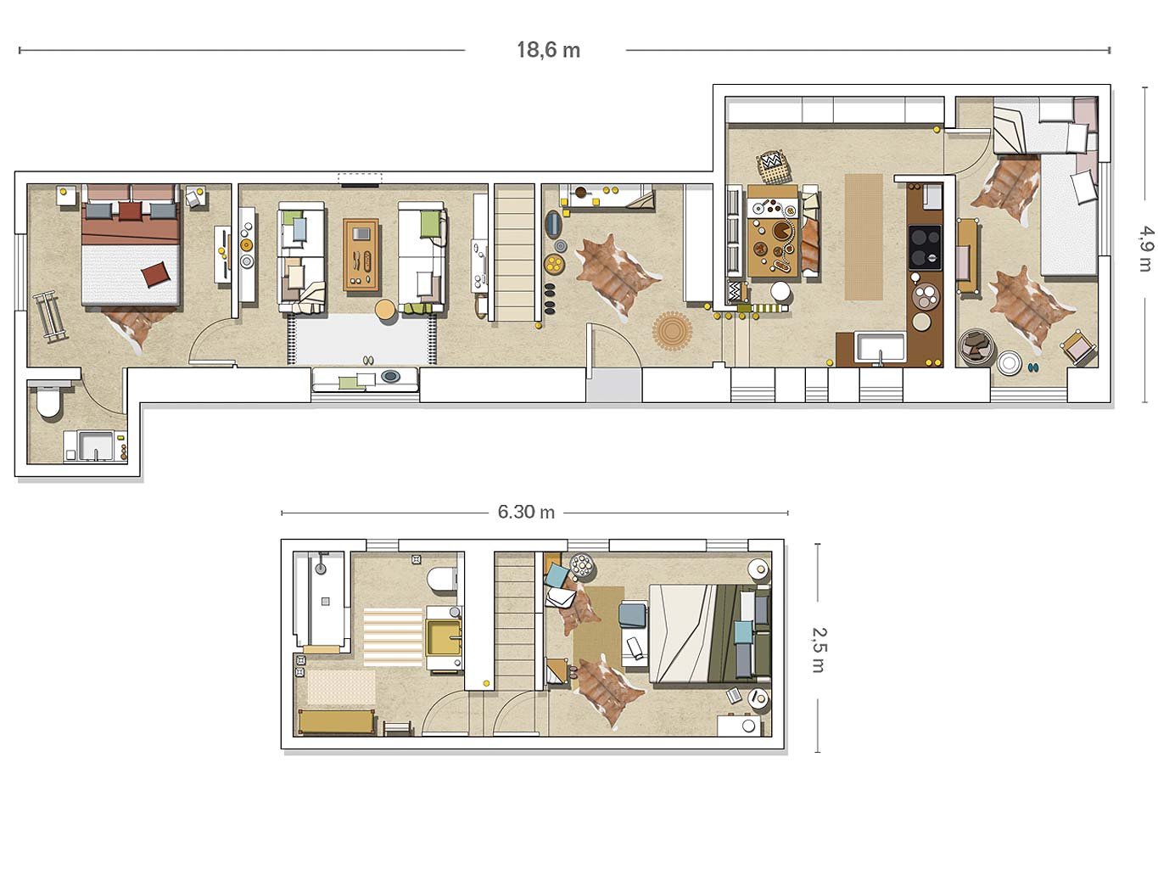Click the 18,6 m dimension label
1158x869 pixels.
(548, 51)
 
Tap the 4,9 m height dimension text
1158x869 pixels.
(1144, 249)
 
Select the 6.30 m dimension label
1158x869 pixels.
(526, 512)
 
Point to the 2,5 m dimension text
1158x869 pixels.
(819, 649)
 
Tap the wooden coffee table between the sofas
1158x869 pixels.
(361, 255)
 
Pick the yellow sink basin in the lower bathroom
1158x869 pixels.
(444, 638)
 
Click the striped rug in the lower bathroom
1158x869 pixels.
(393, 636)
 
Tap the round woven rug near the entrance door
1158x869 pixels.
(672, 331)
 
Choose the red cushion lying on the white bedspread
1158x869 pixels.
(157, 274)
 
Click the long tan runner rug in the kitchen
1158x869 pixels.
(864, 237)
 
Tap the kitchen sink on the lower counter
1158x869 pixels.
(880, 349)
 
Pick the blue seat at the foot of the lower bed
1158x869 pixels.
(633, 615)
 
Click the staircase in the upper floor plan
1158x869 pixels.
(515, 252)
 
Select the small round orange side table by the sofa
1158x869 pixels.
(386, 309)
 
